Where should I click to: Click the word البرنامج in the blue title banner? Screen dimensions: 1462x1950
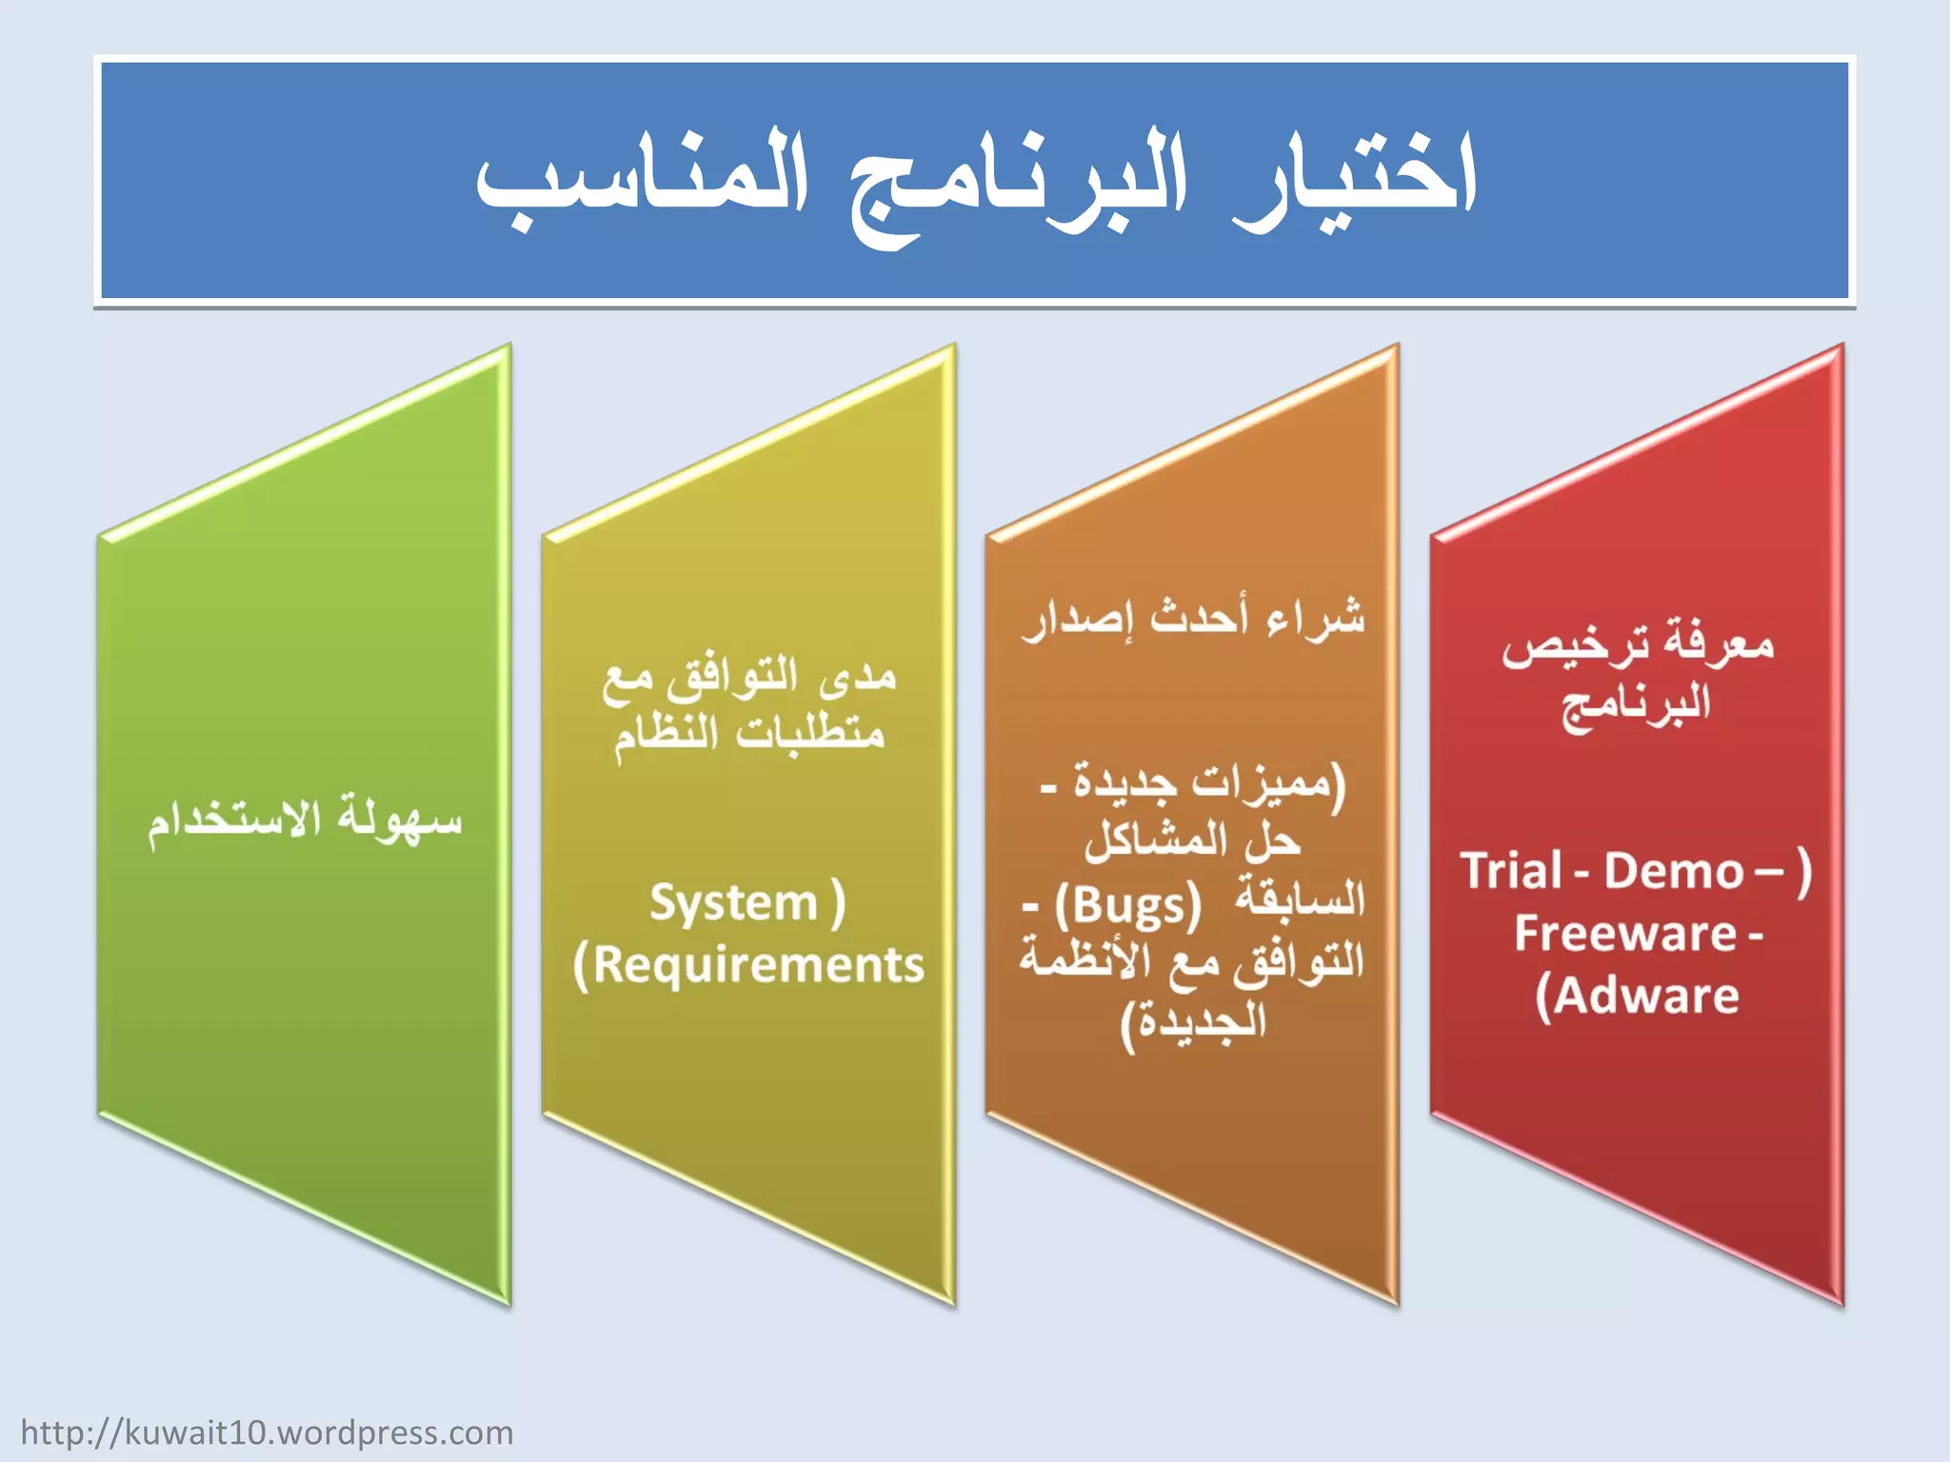(1019, 186)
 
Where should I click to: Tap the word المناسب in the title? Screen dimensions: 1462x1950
(643, 181)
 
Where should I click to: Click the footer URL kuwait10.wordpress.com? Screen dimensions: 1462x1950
(267, 1432)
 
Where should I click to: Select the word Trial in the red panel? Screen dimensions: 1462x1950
(1512, 871)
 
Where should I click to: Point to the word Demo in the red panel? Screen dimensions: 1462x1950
(1673, 871)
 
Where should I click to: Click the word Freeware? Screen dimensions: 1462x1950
(1625, 934)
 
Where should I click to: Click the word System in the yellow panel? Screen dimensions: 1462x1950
(733, 903)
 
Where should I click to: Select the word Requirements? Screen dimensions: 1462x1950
(759, 965)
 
